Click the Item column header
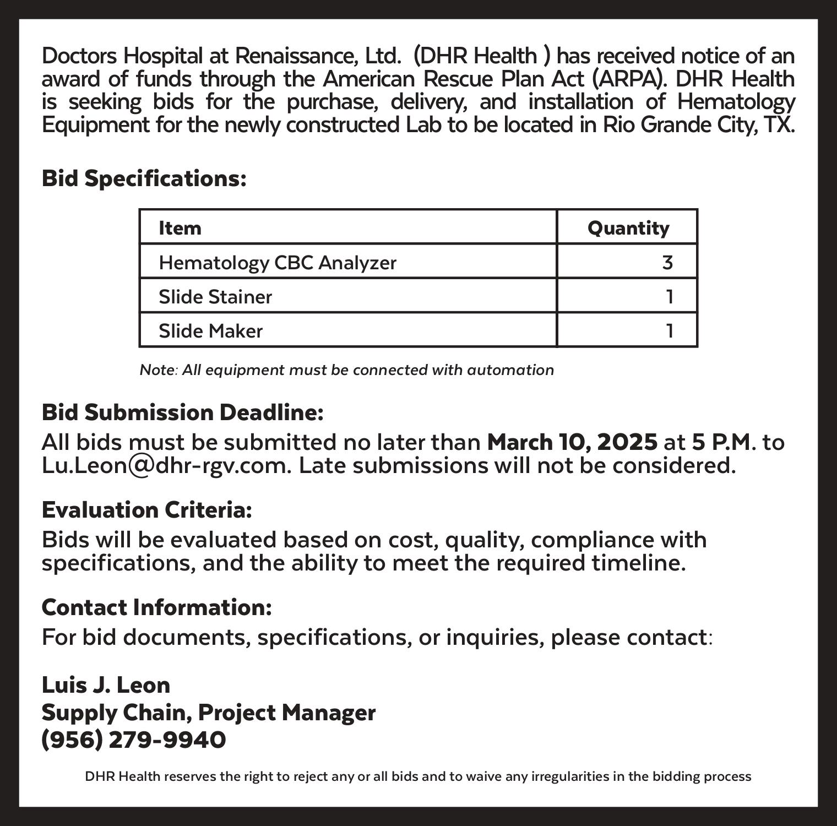(180, 228)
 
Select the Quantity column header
(628, 228)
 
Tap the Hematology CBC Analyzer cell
(278, 263)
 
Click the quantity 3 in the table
(667, 263)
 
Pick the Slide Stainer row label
(215, 297)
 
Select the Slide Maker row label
(210, 331)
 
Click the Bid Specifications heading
(144, 178)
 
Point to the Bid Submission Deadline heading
(182, 412)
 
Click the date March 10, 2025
(572, 442)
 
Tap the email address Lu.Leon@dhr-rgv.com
(166, 466)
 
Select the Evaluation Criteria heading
(147, 510)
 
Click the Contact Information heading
(157, 607)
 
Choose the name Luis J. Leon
(106, 685)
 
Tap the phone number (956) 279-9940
(134, 740)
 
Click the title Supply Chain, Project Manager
(209, 713)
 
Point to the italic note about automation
(347, 370)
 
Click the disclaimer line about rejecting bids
(418, 776)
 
